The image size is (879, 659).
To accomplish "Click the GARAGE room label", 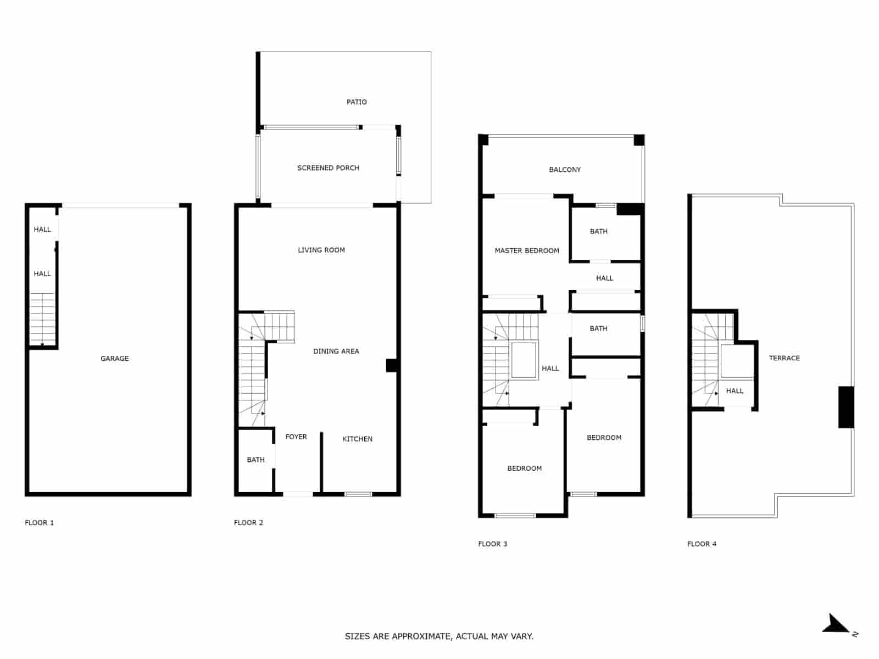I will click(114, 359).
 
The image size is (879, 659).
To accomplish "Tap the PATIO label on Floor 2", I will click(357, 102).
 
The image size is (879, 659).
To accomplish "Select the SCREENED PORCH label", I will click(328, 168).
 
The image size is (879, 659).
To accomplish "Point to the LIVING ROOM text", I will click(321, 250).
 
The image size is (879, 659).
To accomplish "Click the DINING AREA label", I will click(336, 351).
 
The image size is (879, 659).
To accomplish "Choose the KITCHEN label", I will click(357, 439).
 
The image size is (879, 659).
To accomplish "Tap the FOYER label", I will click(296, 437).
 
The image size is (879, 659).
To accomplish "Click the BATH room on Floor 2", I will click(255, 460).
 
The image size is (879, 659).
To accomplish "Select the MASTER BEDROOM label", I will click(526, 250).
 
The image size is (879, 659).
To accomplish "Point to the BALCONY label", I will click(565, 170).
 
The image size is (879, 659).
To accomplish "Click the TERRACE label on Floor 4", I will click(784, 358).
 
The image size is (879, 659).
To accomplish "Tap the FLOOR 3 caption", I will click(492, 544).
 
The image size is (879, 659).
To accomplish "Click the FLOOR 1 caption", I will click(39, 522).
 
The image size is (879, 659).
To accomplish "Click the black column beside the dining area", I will click(392, 365).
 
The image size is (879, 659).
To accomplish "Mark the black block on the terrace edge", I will click(845, 407).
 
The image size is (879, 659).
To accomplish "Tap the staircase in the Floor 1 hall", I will click(42, 319).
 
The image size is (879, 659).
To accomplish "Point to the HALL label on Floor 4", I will click(734, 391).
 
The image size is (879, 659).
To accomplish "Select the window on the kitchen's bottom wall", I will click(358, 494).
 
